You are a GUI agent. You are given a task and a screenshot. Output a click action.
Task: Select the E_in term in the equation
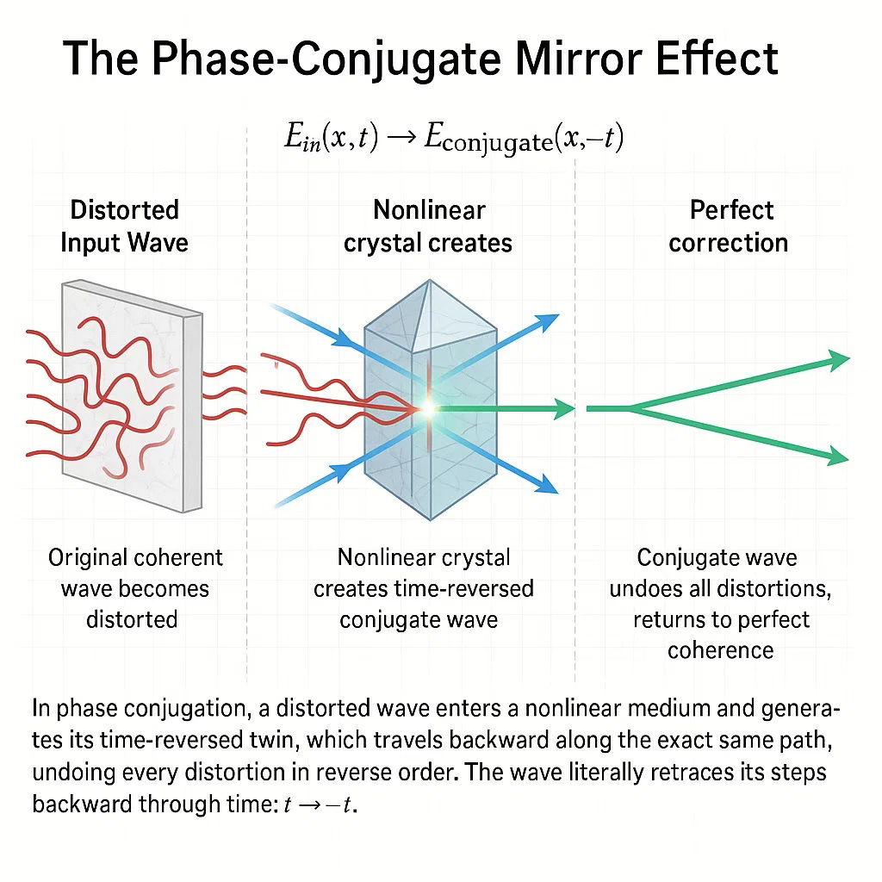point(305,140)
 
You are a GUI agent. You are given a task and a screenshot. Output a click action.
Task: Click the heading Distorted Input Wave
point(124,226)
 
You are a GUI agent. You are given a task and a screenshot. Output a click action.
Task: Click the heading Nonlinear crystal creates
point(428,226)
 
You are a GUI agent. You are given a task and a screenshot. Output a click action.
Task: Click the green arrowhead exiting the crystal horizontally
point(564,409)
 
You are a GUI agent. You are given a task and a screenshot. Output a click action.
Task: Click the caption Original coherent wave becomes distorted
point(135,588)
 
